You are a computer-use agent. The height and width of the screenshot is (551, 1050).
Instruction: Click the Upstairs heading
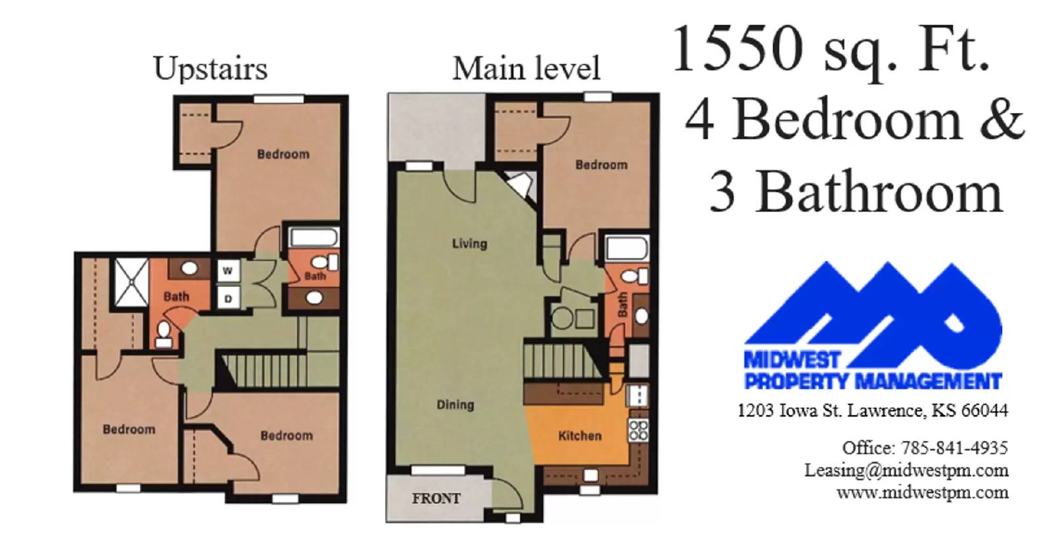tap(210, 68)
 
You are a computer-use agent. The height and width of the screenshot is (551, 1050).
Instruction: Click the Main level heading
tap(526, 68)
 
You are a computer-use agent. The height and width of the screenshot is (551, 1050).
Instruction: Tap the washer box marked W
tap(228, 271)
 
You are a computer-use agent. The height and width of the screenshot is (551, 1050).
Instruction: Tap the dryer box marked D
tap(228, 298)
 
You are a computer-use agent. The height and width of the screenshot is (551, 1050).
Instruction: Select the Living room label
tap(469, 244)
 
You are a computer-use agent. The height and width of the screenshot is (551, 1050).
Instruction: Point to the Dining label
tap(455, 405)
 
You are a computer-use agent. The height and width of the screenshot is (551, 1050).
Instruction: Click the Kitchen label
tap(579, 435)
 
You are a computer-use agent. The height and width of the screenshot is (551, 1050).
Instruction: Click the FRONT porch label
tap(436, 498)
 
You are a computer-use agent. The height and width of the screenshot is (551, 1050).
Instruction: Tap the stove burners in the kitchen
tap(638, 430)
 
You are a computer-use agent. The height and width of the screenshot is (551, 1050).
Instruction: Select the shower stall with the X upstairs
tap(131, 282)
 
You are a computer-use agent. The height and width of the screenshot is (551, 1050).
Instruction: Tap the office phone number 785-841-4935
tap(954, 448)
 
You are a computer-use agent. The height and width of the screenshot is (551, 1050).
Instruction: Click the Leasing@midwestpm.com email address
tap(906, 470)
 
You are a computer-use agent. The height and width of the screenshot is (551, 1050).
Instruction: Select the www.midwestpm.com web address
tap(922, 493)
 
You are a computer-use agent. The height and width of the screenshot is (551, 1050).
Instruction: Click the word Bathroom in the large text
tap(879, 192)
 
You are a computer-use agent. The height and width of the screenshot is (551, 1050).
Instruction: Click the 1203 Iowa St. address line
tap(872, 411)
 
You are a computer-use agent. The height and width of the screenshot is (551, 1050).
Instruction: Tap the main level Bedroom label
tap(601, 165)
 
